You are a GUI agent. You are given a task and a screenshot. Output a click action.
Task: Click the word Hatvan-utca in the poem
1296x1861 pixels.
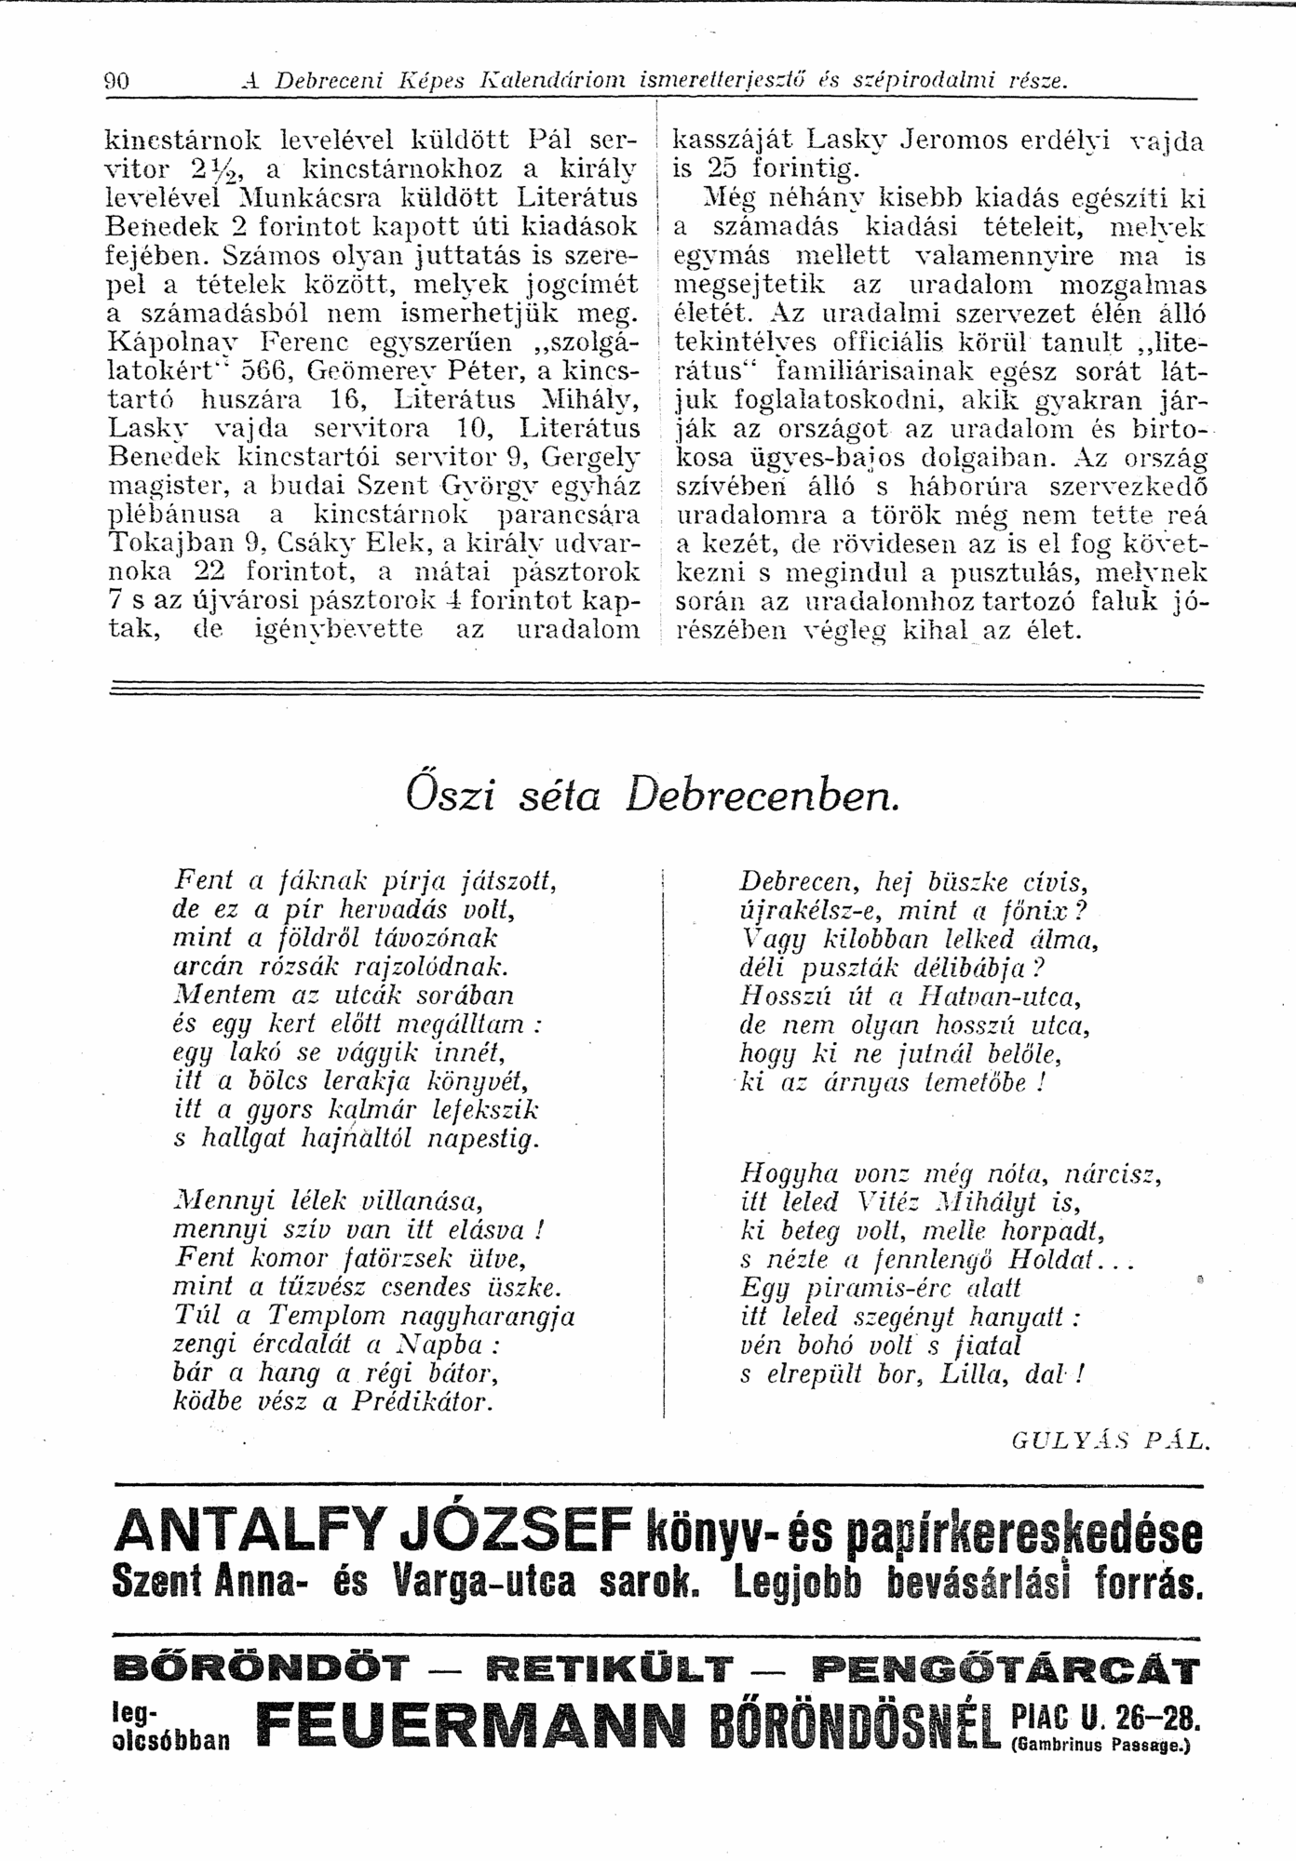point(997,997)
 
